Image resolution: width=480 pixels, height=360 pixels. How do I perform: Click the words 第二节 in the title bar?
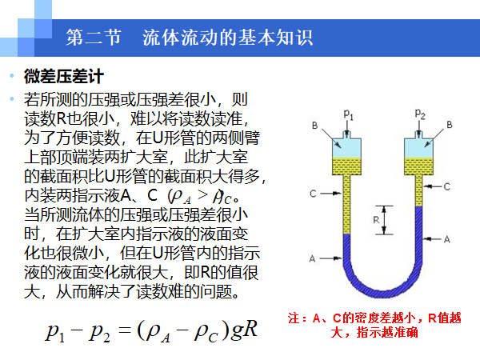click(x=90, y=38)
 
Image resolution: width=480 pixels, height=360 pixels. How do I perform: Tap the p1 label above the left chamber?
click(x=347, y=113)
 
